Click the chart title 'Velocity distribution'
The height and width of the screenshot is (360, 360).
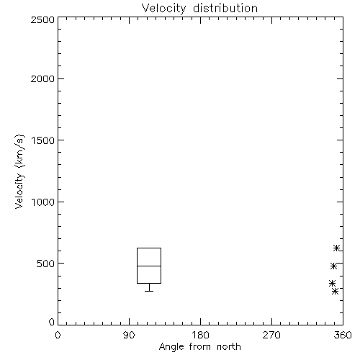(199, 9)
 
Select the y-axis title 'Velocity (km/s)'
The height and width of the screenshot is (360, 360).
(19, 171)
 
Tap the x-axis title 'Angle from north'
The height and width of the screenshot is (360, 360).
(199, 347)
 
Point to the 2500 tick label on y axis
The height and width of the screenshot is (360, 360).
(42, 19)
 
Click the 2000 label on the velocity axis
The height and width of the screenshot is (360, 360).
(42, 79)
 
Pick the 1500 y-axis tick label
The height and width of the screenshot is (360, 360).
(43, 140)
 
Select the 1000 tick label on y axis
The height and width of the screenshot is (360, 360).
(43, 202)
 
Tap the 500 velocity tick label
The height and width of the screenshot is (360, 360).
(46, 264)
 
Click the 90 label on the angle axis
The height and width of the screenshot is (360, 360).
(129, 335)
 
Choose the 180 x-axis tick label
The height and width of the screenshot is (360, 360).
(200, 335)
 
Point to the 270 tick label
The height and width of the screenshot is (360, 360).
(271, 335)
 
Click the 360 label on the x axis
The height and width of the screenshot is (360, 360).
(343, 335)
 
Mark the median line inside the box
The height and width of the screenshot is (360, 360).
(149, 266)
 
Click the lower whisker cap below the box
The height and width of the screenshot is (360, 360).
(149, 291)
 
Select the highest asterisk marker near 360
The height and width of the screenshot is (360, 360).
(336, 248)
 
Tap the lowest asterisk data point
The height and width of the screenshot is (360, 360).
(336, 292)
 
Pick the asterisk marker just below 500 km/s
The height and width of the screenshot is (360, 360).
(333, 266)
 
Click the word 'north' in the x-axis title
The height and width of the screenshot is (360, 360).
(229, 347)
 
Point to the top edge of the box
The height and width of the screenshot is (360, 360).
(149, 248)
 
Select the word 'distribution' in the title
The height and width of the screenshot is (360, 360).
(225, 9)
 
